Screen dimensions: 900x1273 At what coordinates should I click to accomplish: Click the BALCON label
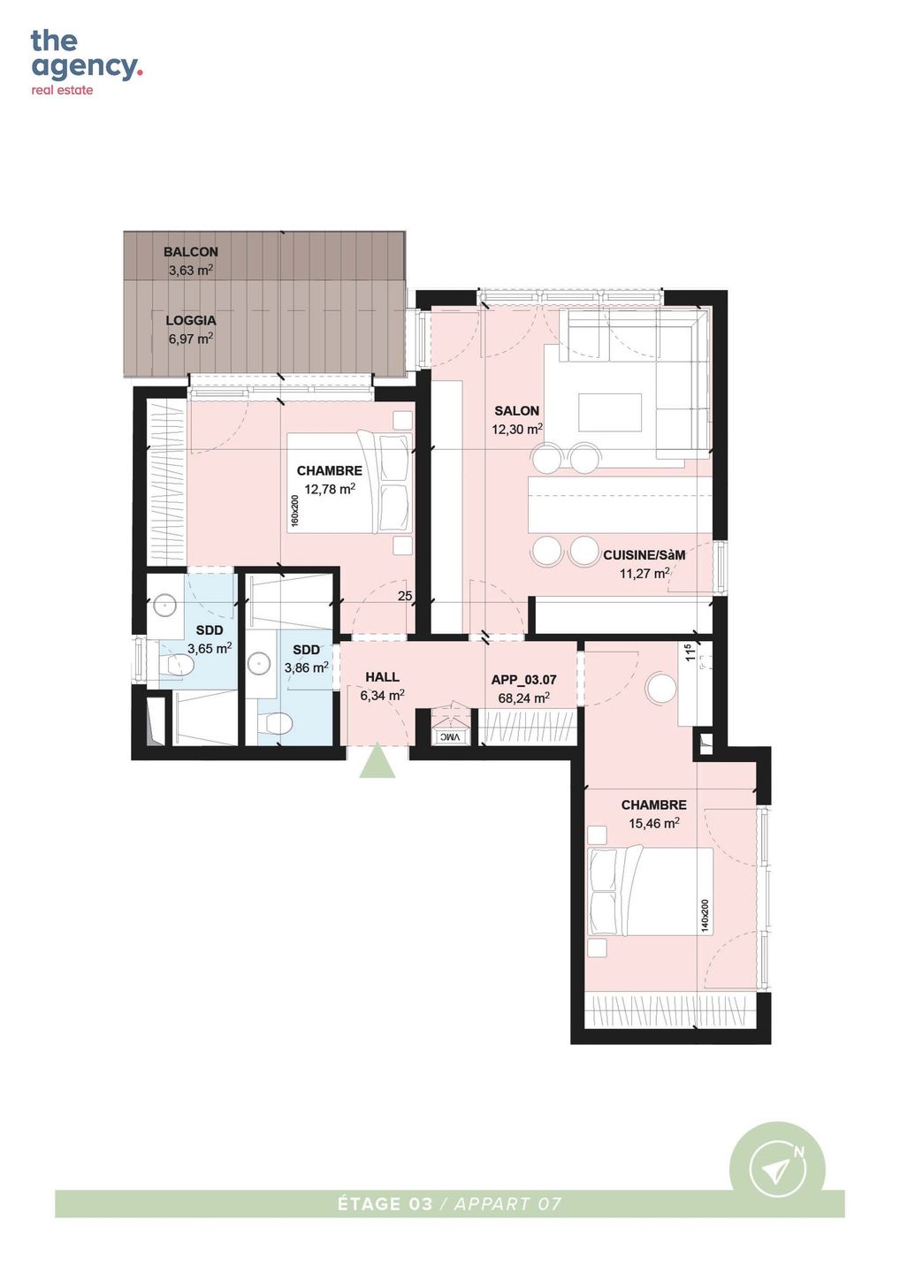click(x=190, y=252)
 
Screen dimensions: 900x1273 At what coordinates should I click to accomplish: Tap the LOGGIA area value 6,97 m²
click(x=190, y=339)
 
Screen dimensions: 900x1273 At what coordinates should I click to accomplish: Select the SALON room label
click(x=516, y=410)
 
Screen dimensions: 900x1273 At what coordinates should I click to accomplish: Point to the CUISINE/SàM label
click(x=644, y=555)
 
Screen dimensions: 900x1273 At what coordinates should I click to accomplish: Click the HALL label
click(x=382, y=677)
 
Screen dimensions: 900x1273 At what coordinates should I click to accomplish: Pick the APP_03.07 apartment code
click(x=523, y=680)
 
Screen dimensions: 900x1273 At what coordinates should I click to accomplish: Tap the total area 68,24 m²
click(x=523, y=697)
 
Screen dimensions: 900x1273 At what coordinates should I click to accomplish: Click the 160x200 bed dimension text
click(x=294, y=511)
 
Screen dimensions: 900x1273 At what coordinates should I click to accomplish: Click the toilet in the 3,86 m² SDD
click(x=275, y=723)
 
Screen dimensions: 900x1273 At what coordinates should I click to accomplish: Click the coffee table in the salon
click(x=610, y=413)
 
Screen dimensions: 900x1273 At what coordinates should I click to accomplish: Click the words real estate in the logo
click(x=62, y=90)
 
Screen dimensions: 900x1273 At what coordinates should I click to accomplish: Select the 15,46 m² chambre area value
click(x=654, y=823)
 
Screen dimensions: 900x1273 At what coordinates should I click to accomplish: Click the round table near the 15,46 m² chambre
click(x=660, y=688)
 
